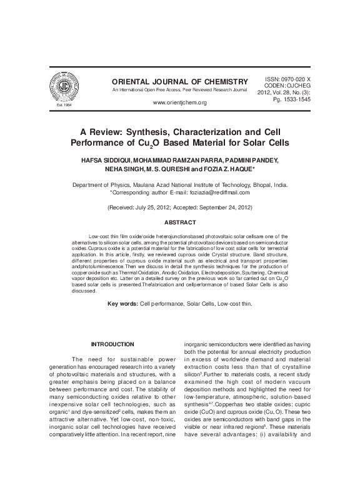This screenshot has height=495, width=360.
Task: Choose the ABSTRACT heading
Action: (180, 222)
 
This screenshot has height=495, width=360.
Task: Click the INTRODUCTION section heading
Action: (112, 344)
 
